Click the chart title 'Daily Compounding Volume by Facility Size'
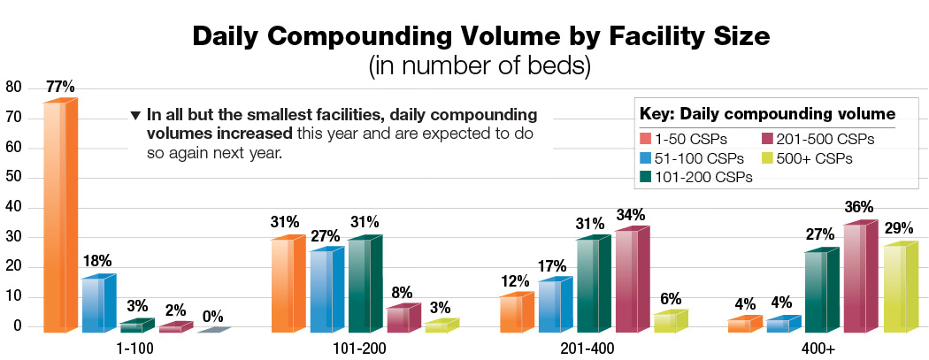point(464,37)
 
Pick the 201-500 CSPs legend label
point(816,139)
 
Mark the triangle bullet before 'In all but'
point(135,115)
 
